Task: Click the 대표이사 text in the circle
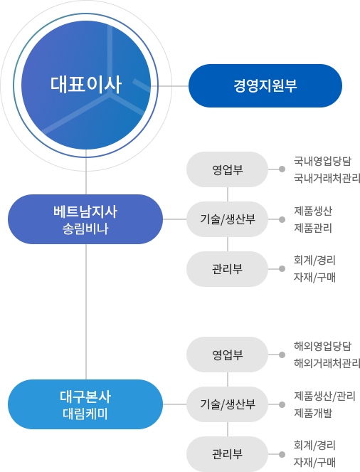click(x=86, y=85)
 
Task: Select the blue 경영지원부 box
click(x=265, y=85)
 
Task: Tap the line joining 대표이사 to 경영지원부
click(x=171, y=85)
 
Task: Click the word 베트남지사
click(x=85, y=211)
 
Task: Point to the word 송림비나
click(x=85, y=229)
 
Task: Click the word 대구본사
click(x=85, y=397)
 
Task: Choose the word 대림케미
click(x=85, y=414)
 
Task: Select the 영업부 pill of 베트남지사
click(x=228, y=169)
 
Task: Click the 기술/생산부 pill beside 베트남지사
click(x=228, y=219)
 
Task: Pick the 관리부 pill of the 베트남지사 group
click(x=228, y=268)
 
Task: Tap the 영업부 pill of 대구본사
click(x=228, y=355)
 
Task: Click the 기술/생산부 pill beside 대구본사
click(x=228, y=404)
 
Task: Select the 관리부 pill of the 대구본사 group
click(x=228, y=453)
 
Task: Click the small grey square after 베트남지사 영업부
click(x=282, y=169)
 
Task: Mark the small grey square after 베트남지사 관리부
click(x=282, y=268)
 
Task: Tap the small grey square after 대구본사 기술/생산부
click(x=282, y=404)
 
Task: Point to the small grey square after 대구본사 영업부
click(x=282, y=355)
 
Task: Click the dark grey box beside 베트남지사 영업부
click(x=323, y=169)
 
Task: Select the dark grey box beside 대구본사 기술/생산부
click(x=323, y=404)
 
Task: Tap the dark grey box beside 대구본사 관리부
click(x=314, y=453)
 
